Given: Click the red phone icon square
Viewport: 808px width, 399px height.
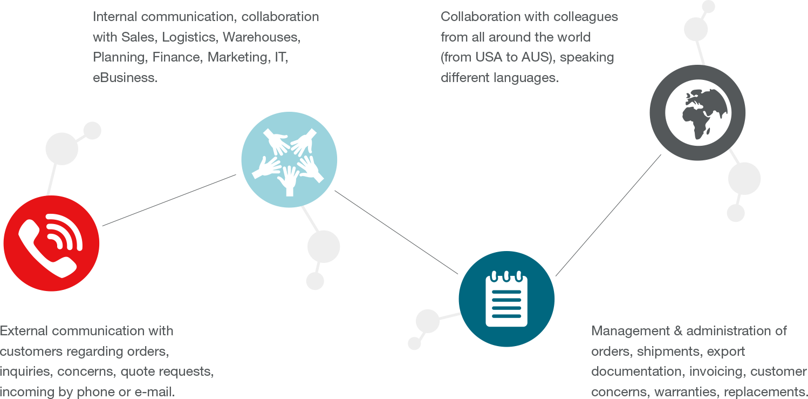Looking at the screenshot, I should tap(51, 243).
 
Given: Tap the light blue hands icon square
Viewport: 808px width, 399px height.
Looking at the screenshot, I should tap(289, 159).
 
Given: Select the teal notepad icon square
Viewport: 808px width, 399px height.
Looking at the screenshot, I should tap(506, 299).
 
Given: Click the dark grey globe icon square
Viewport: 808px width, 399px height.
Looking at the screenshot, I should tap(697, 112).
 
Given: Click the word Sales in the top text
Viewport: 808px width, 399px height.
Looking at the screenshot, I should tap(138, 37).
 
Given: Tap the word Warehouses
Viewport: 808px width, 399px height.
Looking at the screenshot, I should tap(262, 37).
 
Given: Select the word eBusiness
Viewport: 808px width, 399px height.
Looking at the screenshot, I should tap(125, 78).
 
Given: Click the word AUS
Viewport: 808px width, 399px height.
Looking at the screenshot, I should tap(535, 57).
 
